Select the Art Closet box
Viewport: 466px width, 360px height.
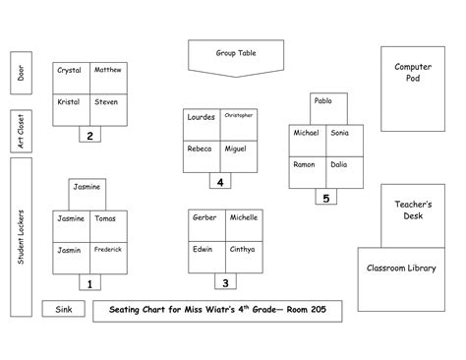(x=21, y=130)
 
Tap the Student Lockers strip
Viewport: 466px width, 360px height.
(x=21, y=237)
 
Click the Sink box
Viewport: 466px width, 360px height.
(x=64, y=310)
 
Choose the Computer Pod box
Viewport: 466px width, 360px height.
(x=413, y=89)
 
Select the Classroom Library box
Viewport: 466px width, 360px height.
(x=401, y=269)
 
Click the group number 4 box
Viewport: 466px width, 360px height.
(x=221, y=181)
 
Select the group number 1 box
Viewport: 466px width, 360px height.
(x=89, y=284)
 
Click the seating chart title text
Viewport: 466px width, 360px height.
(x=218, y=311)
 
